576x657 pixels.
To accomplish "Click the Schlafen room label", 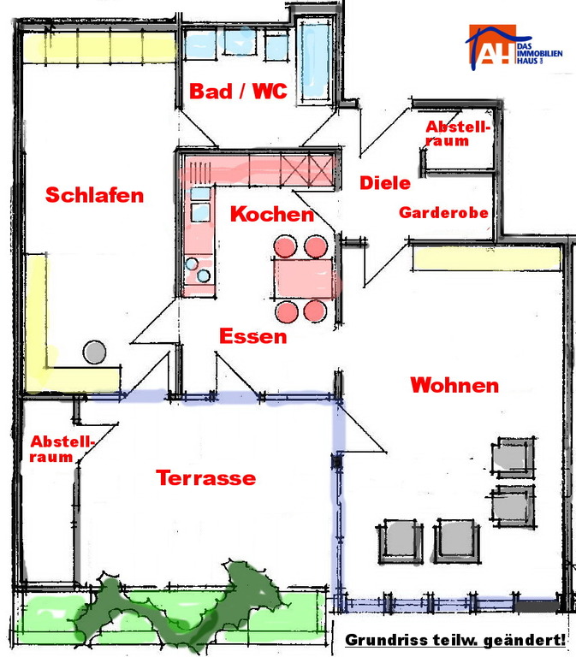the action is click(x=95, y=195).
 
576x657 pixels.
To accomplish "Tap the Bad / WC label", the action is click(x=238, y=91).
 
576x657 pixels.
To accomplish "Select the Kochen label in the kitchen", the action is click(x=272, y=214).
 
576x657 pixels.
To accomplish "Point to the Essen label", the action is click(x=253, y=336).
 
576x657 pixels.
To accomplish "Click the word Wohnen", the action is click(x=454, y=385).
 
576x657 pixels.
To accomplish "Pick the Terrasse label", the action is click(x=205, y=477).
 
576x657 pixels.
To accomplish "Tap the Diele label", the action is click(x=385, y=183).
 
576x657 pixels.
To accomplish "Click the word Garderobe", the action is click(x=443, y=213).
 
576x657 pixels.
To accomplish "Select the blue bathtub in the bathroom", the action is click(x=313, y=62).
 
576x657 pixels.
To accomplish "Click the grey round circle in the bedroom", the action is click(x=94, y=352).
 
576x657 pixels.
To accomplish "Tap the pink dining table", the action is click(x=304, y=278).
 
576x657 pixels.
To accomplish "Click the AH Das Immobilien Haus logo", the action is click(x=514, y=46).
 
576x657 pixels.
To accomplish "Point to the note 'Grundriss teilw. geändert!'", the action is click(x=455, y=640).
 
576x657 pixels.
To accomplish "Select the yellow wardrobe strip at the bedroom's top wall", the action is click(x=99, y=47).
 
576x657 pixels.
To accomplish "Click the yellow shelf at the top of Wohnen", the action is click(x=486, y=258).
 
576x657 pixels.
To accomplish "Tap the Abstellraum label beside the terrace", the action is click(x=62, y=449).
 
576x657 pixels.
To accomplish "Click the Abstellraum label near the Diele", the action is click(x=458, y=133).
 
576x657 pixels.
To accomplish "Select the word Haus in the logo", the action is click(x=527, y=62).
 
